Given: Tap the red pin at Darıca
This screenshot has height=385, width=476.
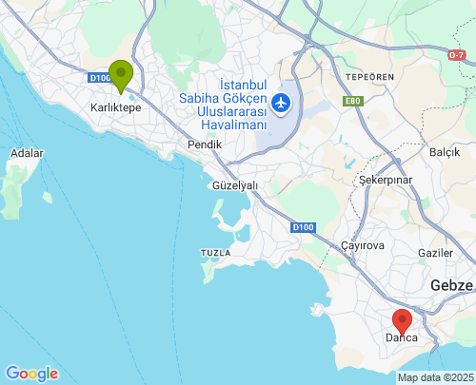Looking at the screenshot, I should click(x=402, y=321).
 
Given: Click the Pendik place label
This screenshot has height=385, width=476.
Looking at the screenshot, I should click(x=205, y=144).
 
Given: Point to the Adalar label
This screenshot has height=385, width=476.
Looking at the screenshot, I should click(x=27, y=152).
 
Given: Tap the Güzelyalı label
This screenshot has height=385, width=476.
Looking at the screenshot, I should click(x=235, y=185).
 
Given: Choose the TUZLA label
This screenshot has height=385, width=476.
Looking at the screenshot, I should click(x=214, y=252).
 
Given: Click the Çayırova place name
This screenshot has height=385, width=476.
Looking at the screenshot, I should click(x=361, y=244).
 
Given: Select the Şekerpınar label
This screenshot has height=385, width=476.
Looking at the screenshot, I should click(x=385, y=179).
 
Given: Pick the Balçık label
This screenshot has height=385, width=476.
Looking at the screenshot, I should click(x=445, y=152).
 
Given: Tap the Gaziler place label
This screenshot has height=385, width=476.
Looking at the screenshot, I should click(x=436, y=253).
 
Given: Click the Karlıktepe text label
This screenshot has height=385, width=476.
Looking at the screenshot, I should click(x=115, y=108).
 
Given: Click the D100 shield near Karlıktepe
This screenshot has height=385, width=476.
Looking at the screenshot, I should click(x=99, y=78).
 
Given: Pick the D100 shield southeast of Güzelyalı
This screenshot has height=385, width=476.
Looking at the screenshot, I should click(x=303, y=227).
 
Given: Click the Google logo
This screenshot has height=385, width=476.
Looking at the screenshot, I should click(x=31, y=374).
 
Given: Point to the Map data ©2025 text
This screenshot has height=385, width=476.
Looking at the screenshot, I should click(x=435, y=377).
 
